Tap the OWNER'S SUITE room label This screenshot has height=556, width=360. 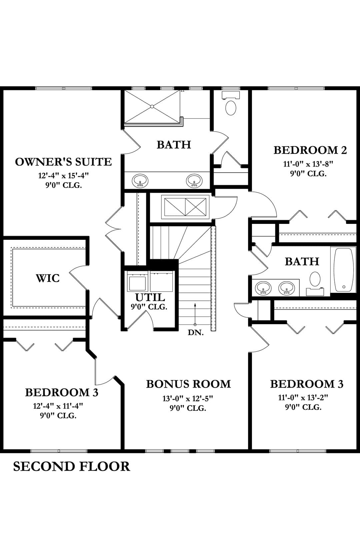click(x=63, y=162)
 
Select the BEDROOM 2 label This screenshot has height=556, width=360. click(x=310, y=150)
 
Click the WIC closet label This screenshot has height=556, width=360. click(x=48, y=278)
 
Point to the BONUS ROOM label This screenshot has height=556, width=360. click(x=188, y=384)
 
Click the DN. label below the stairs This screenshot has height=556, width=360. click(x=196, y=333)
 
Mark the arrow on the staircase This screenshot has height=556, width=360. click(x=195, y=314)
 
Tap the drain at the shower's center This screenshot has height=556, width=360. click(x=152, y=107)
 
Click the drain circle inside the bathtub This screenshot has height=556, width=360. click(x=344, y=287)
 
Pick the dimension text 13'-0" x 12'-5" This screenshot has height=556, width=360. click(x=188, y=399)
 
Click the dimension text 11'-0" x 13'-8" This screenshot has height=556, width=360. click(x=308, y=164)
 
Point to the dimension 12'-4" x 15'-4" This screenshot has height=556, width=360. click(x=63, y=176)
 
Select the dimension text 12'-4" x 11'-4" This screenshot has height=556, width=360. click(x=58, y=406)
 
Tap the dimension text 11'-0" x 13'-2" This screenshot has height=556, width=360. click(x=303, y=398)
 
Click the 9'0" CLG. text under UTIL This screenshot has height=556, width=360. click(x=149, y=307)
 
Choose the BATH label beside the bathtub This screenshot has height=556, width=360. click(x=302, y=262)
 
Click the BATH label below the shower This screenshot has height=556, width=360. click(x=174, y=145)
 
